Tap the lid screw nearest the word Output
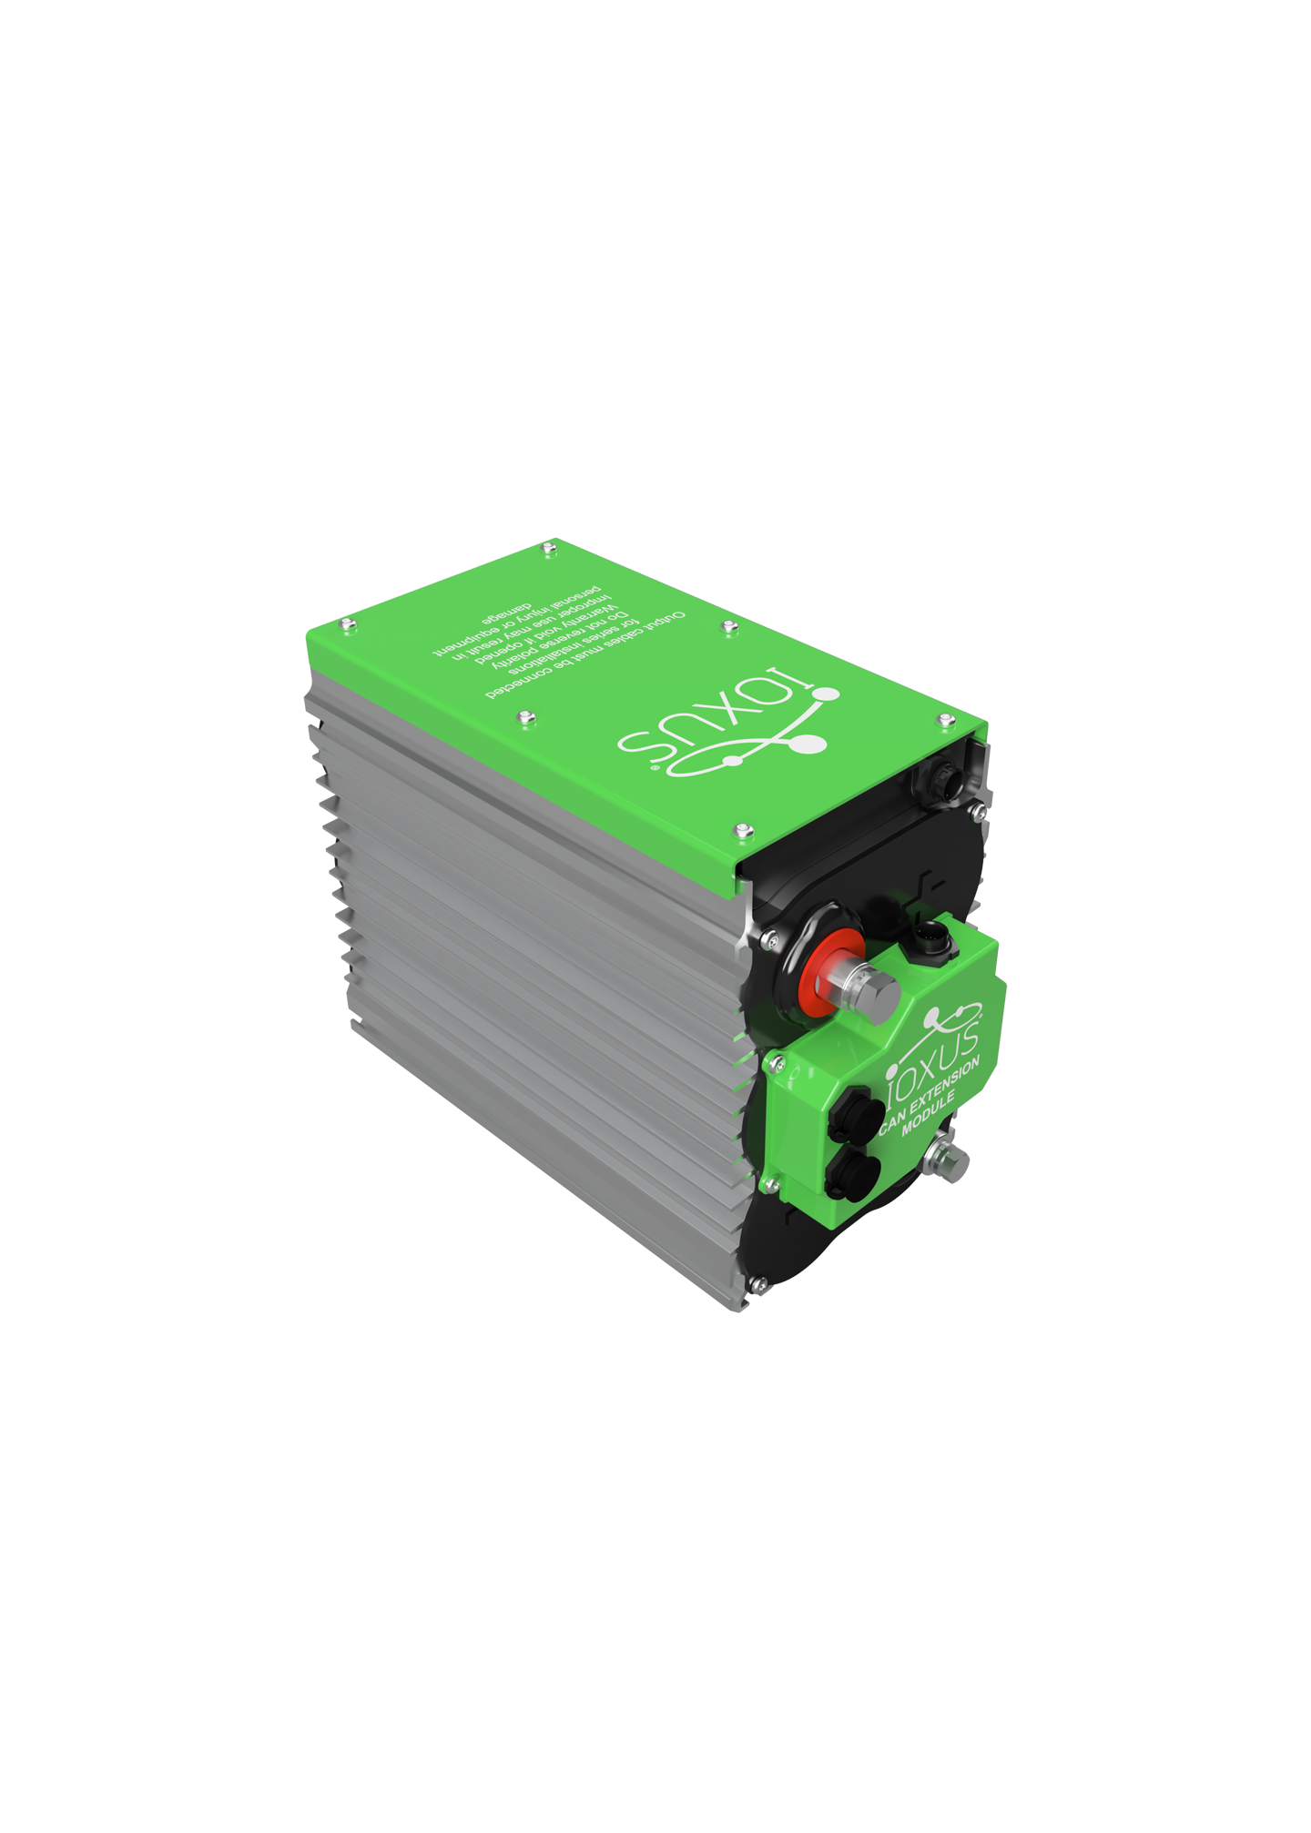pyautogui.click(x=728, y=625)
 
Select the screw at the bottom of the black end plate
pyautogui.click(x=756, y=1283)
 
